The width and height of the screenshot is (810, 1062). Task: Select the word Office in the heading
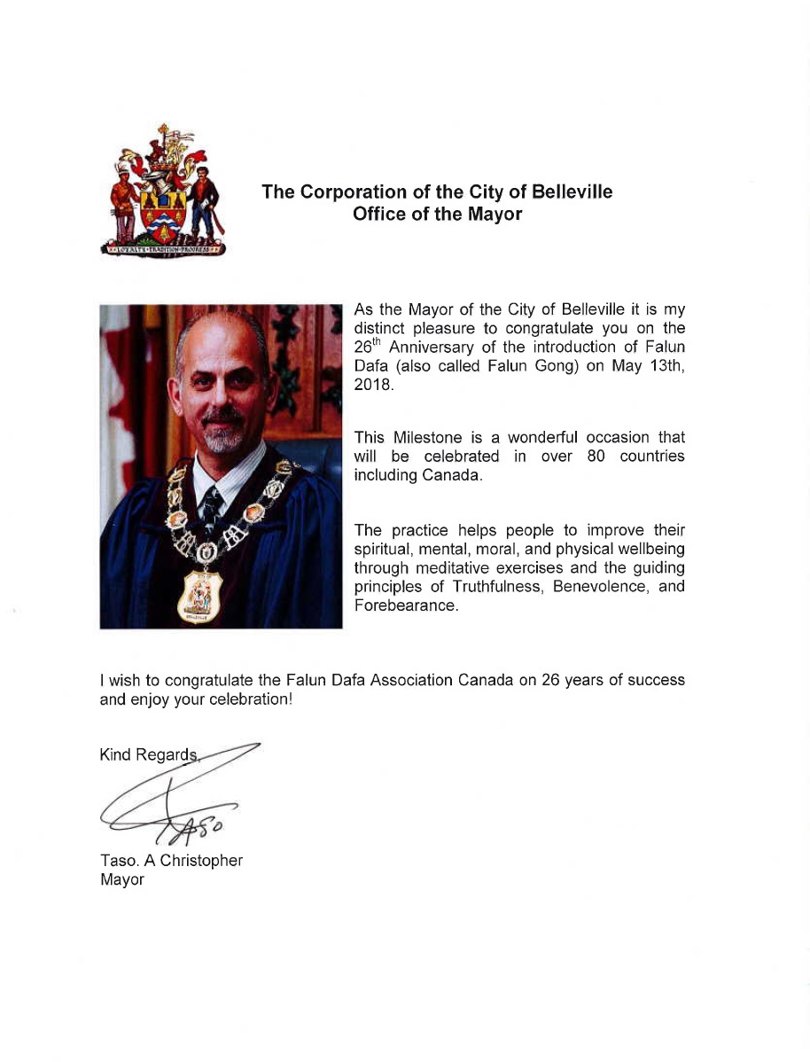[x=379, y=214]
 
